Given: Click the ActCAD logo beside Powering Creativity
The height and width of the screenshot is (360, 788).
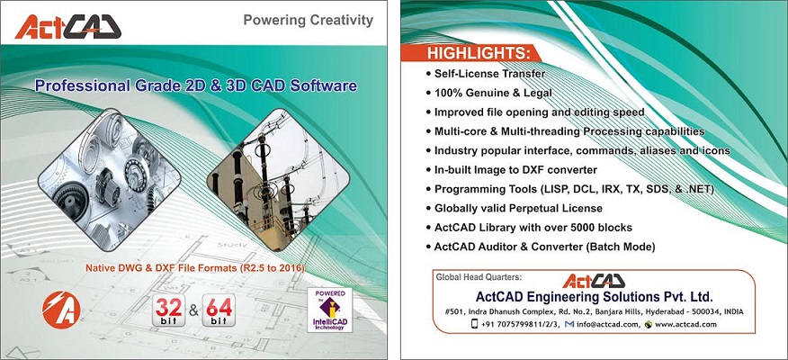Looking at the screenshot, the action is (x=67, y=27).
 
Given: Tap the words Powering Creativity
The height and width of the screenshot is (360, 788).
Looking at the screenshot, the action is (x=308, y=20).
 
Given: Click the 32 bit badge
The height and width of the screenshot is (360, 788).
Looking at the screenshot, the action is (x=169, y=310).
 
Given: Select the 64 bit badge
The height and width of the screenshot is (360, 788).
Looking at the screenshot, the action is (x=219, y=310).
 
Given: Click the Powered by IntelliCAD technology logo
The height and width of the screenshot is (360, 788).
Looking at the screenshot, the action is (x=329, y=310).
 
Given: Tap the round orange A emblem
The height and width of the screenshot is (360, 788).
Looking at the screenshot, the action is (x=61, y=310).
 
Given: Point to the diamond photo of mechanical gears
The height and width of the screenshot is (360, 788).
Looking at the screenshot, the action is (x=109, y=179).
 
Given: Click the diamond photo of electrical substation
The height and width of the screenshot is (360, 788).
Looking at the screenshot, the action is (x=278, y=179).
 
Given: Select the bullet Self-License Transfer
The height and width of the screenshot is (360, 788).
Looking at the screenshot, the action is (x=486, y=74).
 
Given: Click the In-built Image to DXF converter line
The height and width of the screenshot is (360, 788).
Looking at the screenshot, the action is (x=511, y=170).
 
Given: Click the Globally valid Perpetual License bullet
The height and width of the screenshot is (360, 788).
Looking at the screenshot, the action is (x=514, y=208).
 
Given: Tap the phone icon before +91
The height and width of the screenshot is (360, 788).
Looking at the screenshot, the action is (x=474, y=324).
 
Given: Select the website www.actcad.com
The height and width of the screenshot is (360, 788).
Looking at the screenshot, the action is (x=685, y=324).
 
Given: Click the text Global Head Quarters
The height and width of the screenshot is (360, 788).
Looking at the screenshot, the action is (x=472, y=276).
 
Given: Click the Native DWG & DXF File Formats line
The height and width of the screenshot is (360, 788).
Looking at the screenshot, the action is (x=195, y=268).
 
